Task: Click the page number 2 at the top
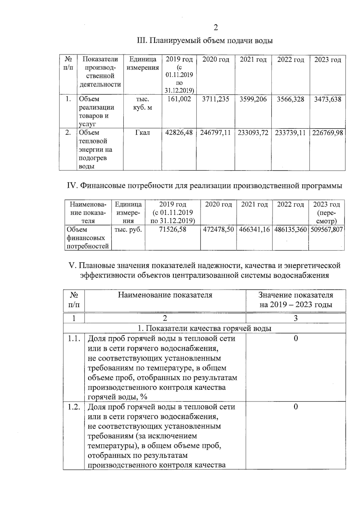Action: (x=215, y=28)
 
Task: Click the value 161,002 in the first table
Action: (x=179, y=99)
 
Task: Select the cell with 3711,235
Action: (x=215, y=99)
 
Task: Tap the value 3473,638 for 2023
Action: (x=327, y=99)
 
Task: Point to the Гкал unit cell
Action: (x=142, y=133)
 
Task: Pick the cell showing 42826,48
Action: (x=179, y=133)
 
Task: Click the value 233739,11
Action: (x=290, y=133)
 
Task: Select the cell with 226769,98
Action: (x=327, y=133)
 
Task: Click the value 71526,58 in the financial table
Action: (x=172, y=230)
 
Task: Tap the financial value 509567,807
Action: (x=326, y=230)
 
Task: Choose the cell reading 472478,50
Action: (x=218, y=230)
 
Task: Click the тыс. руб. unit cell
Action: (x=128, y=230)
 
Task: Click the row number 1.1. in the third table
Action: (x=74, y=339)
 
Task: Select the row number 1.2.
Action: (x=74, y=407)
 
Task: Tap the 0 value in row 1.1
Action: (x=295, y=339)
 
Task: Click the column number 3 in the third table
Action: (x=295, y=318)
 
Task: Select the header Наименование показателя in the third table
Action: (x=165, y=295)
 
